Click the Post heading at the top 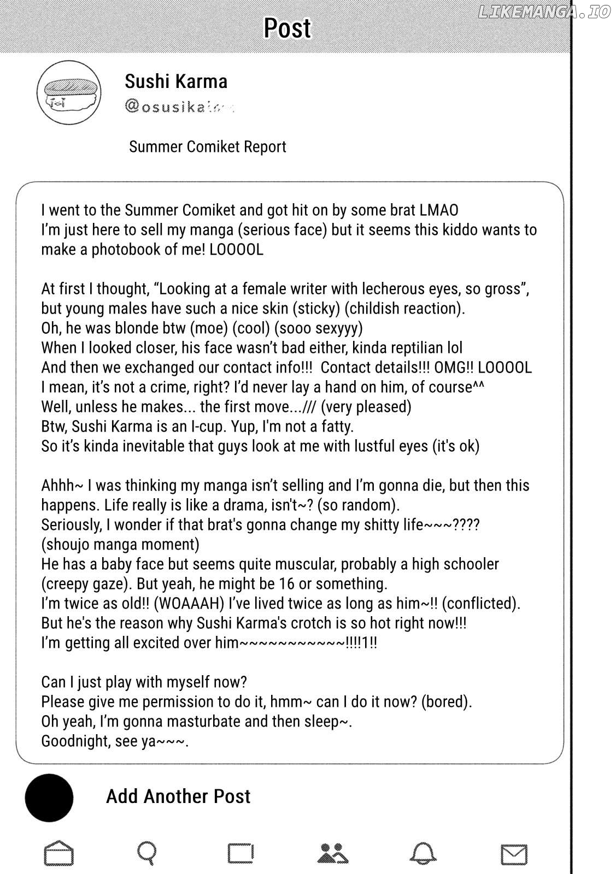tap(287, 28)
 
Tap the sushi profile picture tap(69, 92)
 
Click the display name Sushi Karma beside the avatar tap(176, 81)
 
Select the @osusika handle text tap(178, 107)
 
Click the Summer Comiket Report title tap(207, 147)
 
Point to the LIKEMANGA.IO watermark tap(543, 13)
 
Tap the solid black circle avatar tap(49, 798)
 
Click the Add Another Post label tap(178, 796)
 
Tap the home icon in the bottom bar tap(58, 853)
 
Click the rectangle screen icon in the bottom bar tap(240, 853)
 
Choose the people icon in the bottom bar tap(333, 853)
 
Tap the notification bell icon tap(424, 853)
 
